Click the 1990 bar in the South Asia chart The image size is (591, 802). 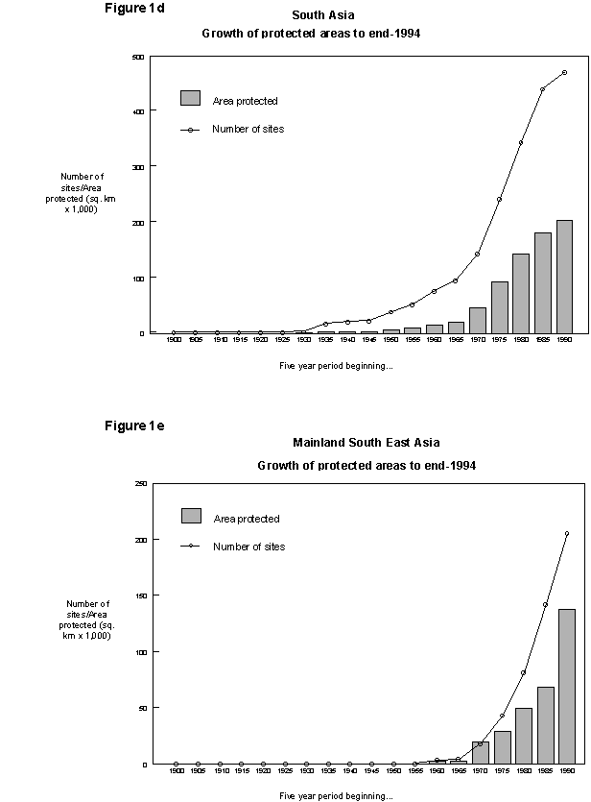pos(564,277)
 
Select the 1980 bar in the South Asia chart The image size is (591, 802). pos(521,293)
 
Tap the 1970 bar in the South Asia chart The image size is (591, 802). pos(477,320)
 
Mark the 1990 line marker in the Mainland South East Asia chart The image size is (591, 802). pos(566,533)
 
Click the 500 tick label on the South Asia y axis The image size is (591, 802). pos(138,57)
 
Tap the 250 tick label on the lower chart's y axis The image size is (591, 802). pos(140,484)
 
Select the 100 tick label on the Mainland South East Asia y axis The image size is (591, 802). pos(140,652)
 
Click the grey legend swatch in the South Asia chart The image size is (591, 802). pos(190,98)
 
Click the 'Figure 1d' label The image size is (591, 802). pos(132,9)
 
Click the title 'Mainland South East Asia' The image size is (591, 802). pos(366,443)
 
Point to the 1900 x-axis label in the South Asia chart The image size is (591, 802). pos(174,340)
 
